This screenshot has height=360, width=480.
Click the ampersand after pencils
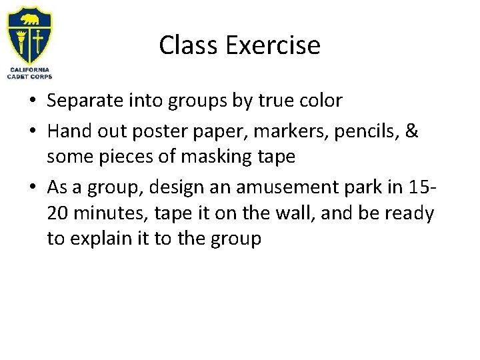click(x=412, y=132)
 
